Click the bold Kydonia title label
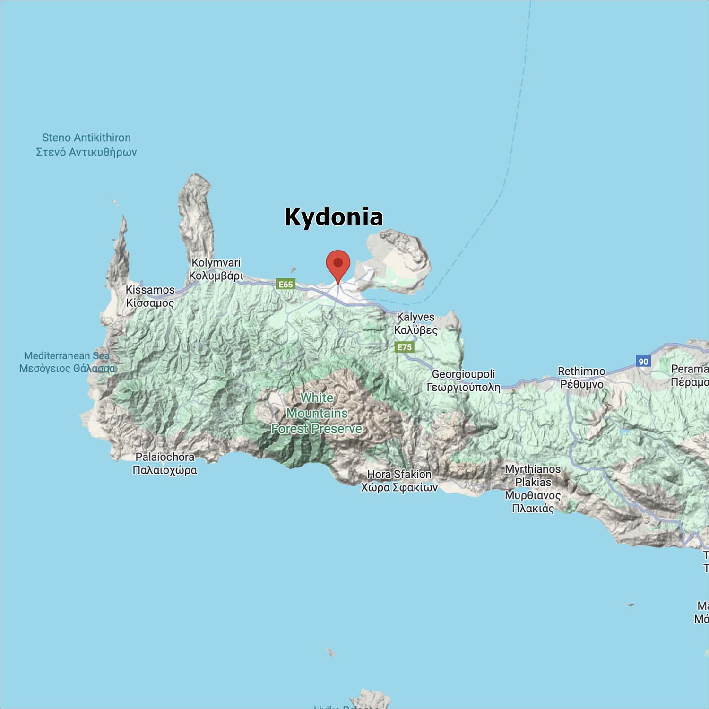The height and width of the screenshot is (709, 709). pos(334,217)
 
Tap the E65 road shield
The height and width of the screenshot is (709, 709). pos(285,284)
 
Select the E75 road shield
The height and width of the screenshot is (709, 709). pos(405,347)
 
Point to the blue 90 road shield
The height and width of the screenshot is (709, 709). pos(643,362)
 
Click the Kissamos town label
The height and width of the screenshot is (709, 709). pos(150,290)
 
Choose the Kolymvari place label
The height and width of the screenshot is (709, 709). pos(216,263)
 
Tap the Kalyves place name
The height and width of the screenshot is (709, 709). pos(415,317)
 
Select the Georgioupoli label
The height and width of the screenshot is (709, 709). pos(463,374)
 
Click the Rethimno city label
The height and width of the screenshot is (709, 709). pos(581,372)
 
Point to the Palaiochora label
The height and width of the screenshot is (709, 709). pos(164,457)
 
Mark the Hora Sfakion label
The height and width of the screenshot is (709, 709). pos(399,474)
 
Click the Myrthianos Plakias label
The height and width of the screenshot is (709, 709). pos(533,476)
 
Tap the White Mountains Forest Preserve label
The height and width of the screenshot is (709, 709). pos(317,414)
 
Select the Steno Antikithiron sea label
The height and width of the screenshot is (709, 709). pos(86,138)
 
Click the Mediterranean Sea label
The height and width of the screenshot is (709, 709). pos(67,355)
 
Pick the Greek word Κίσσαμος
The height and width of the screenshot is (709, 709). pos(150,303)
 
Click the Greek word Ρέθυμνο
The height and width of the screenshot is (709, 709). pos(581,385)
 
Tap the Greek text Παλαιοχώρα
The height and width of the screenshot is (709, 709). pos(164,470)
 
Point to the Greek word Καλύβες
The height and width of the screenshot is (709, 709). pos(415,330)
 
